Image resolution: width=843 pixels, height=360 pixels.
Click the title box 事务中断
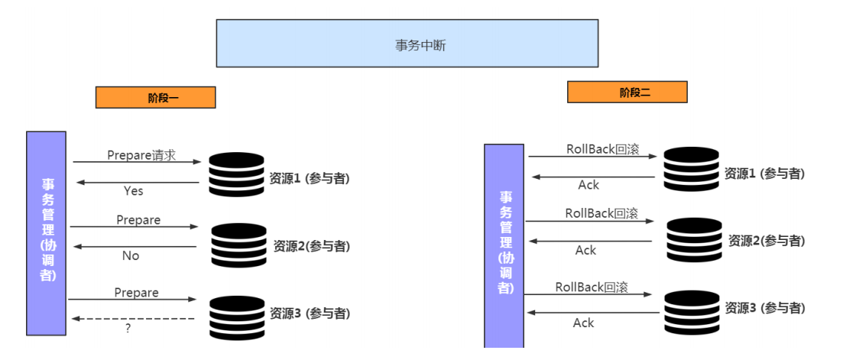pos(407,44)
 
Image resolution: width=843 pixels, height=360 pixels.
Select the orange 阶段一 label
pos(155,97)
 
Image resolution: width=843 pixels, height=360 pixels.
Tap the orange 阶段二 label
pos(627,92)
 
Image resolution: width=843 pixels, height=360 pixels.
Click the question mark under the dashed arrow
pos(128,328)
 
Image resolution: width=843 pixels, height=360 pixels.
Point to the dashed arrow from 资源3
pos(134,318)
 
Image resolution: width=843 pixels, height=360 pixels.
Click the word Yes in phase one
pos(133,190)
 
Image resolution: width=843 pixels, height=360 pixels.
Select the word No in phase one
pos(131,256)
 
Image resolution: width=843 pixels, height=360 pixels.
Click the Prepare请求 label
pos(141,155)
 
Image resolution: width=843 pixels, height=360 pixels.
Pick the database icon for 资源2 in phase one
pos(238,245)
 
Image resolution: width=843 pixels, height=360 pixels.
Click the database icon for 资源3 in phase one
pos(236,316)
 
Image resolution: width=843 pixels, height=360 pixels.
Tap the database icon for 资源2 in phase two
pos(695,241)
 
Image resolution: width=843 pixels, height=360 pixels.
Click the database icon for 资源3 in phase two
pos(692,313)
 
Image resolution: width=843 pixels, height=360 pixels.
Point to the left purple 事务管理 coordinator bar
pos(47,233)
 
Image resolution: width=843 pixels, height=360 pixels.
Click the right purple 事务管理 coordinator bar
pos(504,245)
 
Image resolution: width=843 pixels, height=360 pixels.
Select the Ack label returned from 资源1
pos(588,185)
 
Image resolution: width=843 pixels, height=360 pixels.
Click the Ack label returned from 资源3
pos(583,323)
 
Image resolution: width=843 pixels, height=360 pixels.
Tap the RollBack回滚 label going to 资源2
pos(601,213)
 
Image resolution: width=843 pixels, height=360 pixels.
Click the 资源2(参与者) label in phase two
pos(766,241)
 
